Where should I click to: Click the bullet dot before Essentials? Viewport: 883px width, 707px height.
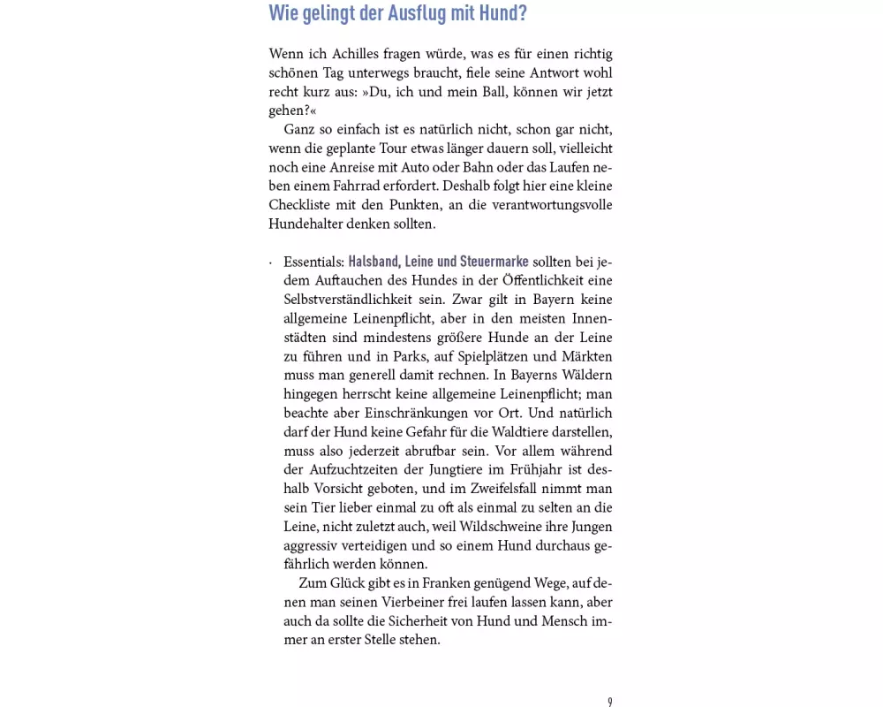[x=271, y=262]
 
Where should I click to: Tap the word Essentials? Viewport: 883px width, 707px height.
[x=313, y=262]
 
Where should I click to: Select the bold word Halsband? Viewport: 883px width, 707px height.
[x=376, y=262]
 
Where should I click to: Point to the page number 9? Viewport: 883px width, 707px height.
[x=609, y=702]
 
